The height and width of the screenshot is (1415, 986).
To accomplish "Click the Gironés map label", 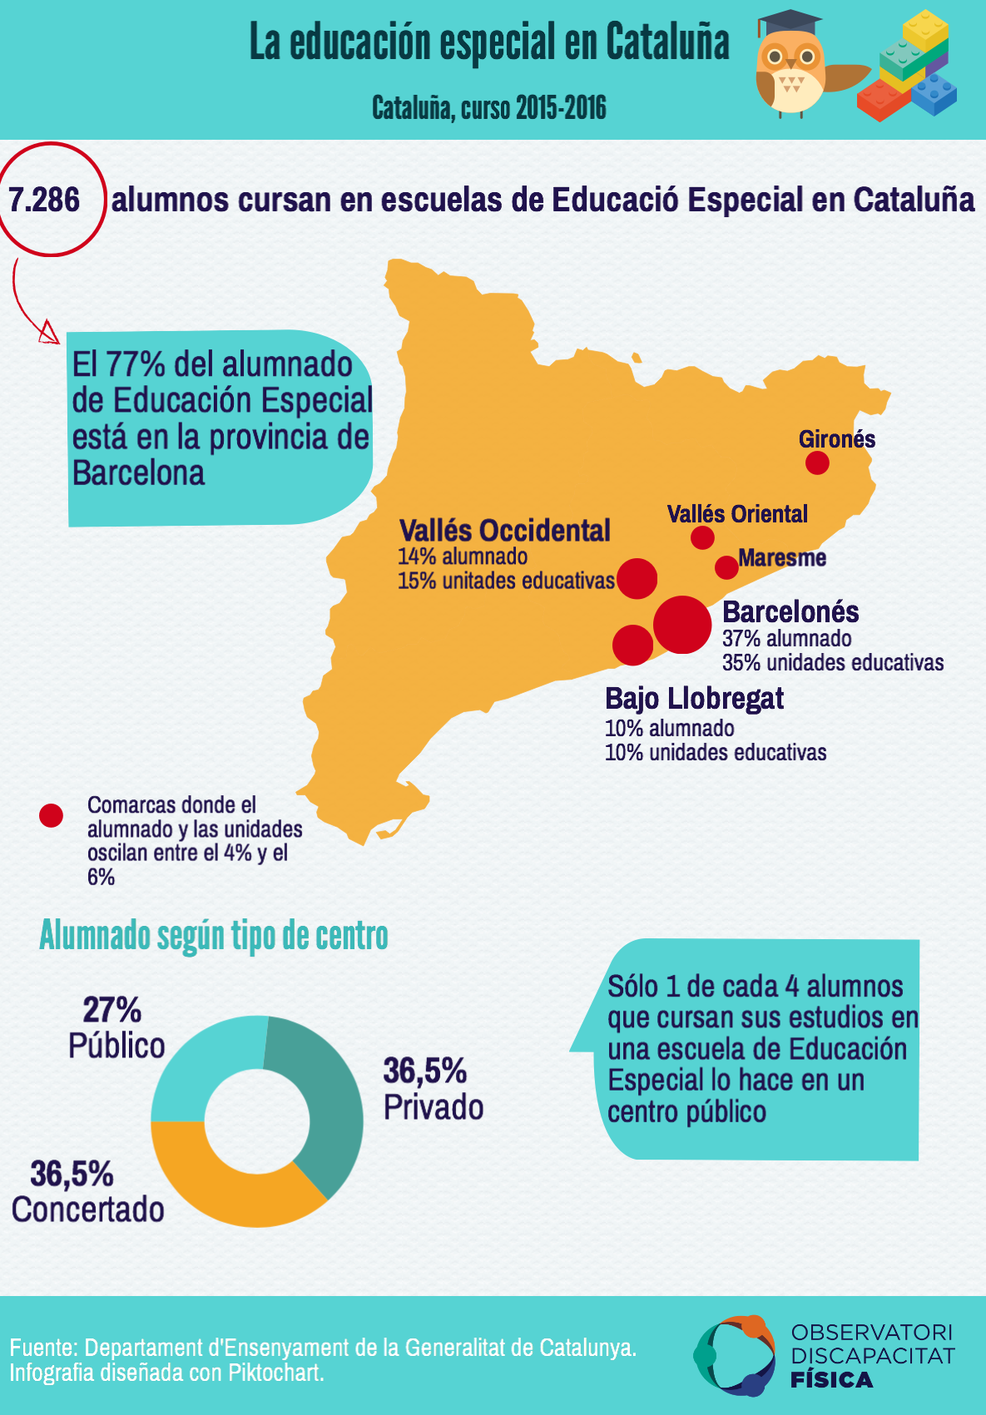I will [x=836, y=438].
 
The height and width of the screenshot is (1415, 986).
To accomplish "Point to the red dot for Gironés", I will [x=817, y=463].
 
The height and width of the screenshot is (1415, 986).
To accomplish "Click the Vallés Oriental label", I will [x=737, y=514].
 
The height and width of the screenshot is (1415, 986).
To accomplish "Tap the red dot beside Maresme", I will [x=726, y=567].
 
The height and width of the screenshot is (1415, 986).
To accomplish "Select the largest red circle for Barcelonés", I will [x=682, y=624].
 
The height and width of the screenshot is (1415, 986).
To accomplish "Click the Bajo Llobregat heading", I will [x=694, y=699].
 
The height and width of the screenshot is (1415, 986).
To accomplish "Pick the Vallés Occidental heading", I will [x=505, y=531].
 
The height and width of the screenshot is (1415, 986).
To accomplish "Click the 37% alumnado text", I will [x=786, y=639].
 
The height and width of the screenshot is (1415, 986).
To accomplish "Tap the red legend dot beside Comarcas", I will [x=52, y=815].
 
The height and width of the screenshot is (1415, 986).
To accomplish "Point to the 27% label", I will [x=111, y=1010].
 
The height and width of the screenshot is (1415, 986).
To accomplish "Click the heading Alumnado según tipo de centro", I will [x=214, y=936].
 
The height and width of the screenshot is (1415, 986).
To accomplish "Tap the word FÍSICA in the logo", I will [x=831, y=1380].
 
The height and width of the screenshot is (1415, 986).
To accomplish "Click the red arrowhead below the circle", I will [x=50, y=334].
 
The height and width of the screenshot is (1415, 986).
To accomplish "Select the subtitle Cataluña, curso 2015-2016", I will [x=488, y=108].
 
